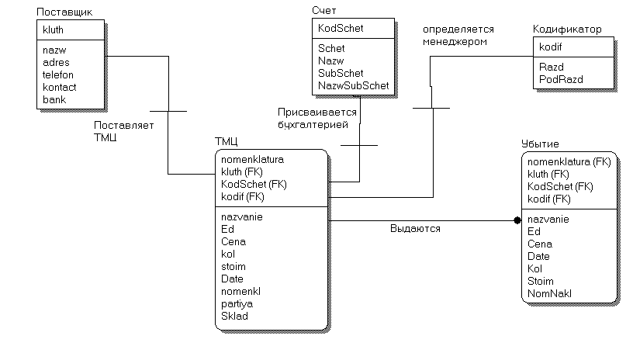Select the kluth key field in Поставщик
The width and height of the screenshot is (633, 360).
point(54,29)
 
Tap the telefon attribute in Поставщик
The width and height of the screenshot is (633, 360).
point(58,74)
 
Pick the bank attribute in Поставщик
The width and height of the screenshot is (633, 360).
point(54,99)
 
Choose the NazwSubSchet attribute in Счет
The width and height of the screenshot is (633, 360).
point(353,85)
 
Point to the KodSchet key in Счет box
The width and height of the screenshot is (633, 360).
point(341,29)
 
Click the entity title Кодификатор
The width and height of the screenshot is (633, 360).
point(567,29)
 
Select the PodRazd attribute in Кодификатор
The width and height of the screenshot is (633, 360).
point(561,79)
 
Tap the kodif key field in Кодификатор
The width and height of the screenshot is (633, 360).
point(551,47)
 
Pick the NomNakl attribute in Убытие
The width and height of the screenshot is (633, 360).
point(549,293)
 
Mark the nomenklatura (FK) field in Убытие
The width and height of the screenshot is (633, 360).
point(569,162)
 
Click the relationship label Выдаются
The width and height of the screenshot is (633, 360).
point(415,229)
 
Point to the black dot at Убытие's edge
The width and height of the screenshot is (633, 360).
point(517,220)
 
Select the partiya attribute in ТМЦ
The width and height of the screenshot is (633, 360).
point(237,303)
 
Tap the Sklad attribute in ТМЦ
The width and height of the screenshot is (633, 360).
point(234,316)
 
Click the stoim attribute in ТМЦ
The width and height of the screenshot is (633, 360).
point(233,266)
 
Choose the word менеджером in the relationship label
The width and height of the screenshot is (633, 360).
point(455,42)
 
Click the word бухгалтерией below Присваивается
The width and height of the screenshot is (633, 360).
point(313,123)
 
